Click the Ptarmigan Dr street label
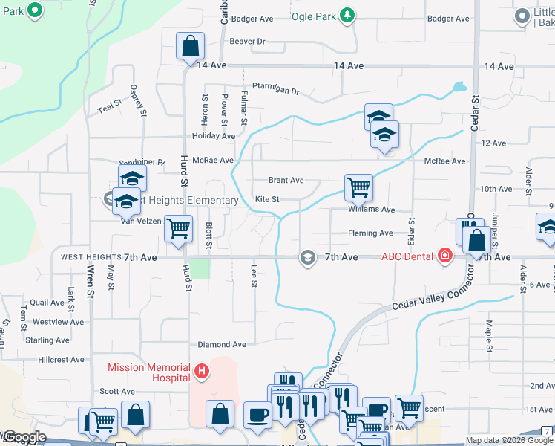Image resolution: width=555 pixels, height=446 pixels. tap(275, 88)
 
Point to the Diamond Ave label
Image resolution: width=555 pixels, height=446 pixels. tap(222, 345)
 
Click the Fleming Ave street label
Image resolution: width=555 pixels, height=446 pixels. tap(370, 233)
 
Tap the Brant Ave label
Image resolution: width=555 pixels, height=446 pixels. tap(286, 180)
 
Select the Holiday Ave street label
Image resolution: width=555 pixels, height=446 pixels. tap(213, 136)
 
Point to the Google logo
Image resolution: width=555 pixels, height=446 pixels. tap(24, 438)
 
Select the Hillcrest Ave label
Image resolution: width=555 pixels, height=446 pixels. tap(61, 359)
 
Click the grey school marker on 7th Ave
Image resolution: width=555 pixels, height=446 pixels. tap(306, 257)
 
